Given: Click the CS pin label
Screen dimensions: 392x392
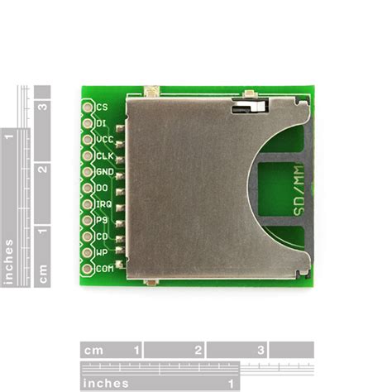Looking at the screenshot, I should (x=102, y=107).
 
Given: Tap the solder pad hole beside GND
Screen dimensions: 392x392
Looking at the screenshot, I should (x=88, y=171).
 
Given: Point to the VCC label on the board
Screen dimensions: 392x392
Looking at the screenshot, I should (x=104, y=139).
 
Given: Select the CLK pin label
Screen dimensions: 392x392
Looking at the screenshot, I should (x=104, y=155).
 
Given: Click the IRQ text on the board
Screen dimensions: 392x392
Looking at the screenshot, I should (x=103, y=203).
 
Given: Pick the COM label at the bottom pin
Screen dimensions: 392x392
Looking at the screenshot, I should (x=104, y=268).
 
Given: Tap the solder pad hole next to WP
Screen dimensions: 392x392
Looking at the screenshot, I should (x=88, y=252).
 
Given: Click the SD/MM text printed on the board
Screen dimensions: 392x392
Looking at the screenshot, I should (x=298, y=195).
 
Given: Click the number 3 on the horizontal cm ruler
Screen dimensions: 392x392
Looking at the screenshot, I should (x=261, y=350).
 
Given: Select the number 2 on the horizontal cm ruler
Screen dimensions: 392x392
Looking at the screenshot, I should (x=198, y=350).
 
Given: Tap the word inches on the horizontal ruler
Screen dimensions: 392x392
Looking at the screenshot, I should (x=106, y=383).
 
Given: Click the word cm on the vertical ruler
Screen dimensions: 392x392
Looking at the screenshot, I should (x=43, y=271).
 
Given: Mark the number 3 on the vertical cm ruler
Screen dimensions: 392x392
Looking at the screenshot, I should (x=43, y=106).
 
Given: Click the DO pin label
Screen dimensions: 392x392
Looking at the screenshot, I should (x=102, y=188).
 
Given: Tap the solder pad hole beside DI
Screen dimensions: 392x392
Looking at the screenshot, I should (x=88, y=122).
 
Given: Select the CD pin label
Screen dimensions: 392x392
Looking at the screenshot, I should (x=102, y=236).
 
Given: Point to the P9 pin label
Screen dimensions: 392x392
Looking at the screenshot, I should (x=102, y=220).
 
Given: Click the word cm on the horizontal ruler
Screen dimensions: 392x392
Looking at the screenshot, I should (x=93, y=350).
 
